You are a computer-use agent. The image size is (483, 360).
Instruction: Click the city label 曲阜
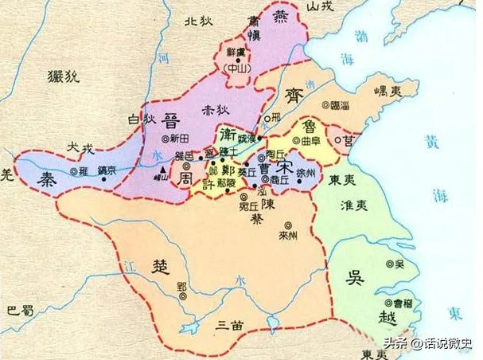(x=311, y=141)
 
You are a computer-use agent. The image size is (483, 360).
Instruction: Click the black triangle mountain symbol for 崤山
(x=163, y=171)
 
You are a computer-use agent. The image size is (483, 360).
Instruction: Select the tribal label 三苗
(x=233, y=324)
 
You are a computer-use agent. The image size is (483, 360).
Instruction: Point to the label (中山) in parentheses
(x=236, y=67)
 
